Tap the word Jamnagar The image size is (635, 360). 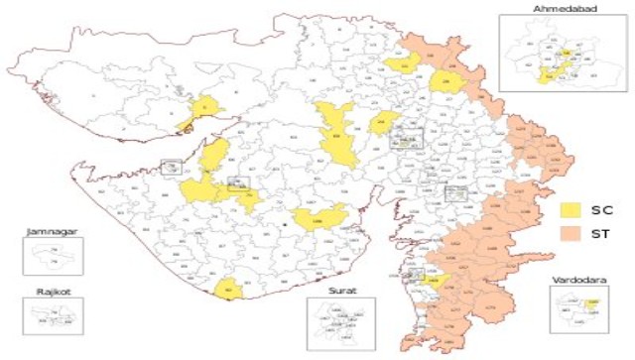pos(51,233)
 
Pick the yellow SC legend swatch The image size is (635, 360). pos(571,210)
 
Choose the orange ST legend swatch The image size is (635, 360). pos(571,233)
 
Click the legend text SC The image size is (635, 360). pos(600,210)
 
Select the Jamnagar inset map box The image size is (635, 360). pos(52,256)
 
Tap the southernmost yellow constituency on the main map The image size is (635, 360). pos(228,289)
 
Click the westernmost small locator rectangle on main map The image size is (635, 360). pos(170,166)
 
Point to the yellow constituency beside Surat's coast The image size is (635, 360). pos(432,281)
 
